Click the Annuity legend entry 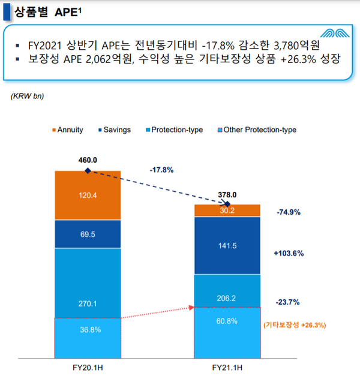click(67, 130)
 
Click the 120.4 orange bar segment click(88, 195)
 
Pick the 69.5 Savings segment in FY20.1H click(88, 234)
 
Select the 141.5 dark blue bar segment click(227, 245)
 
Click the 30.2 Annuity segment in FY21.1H click(227, 210)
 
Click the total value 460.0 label click(88, 160)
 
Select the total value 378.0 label click(227, 194)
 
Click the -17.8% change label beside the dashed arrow click(161, 170)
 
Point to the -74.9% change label click(288, 212)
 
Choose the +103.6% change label click(288, 254)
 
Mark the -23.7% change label click(288, 302)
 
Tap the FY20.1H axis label click(88, 366)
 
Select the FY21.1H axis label click(227, 366)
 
